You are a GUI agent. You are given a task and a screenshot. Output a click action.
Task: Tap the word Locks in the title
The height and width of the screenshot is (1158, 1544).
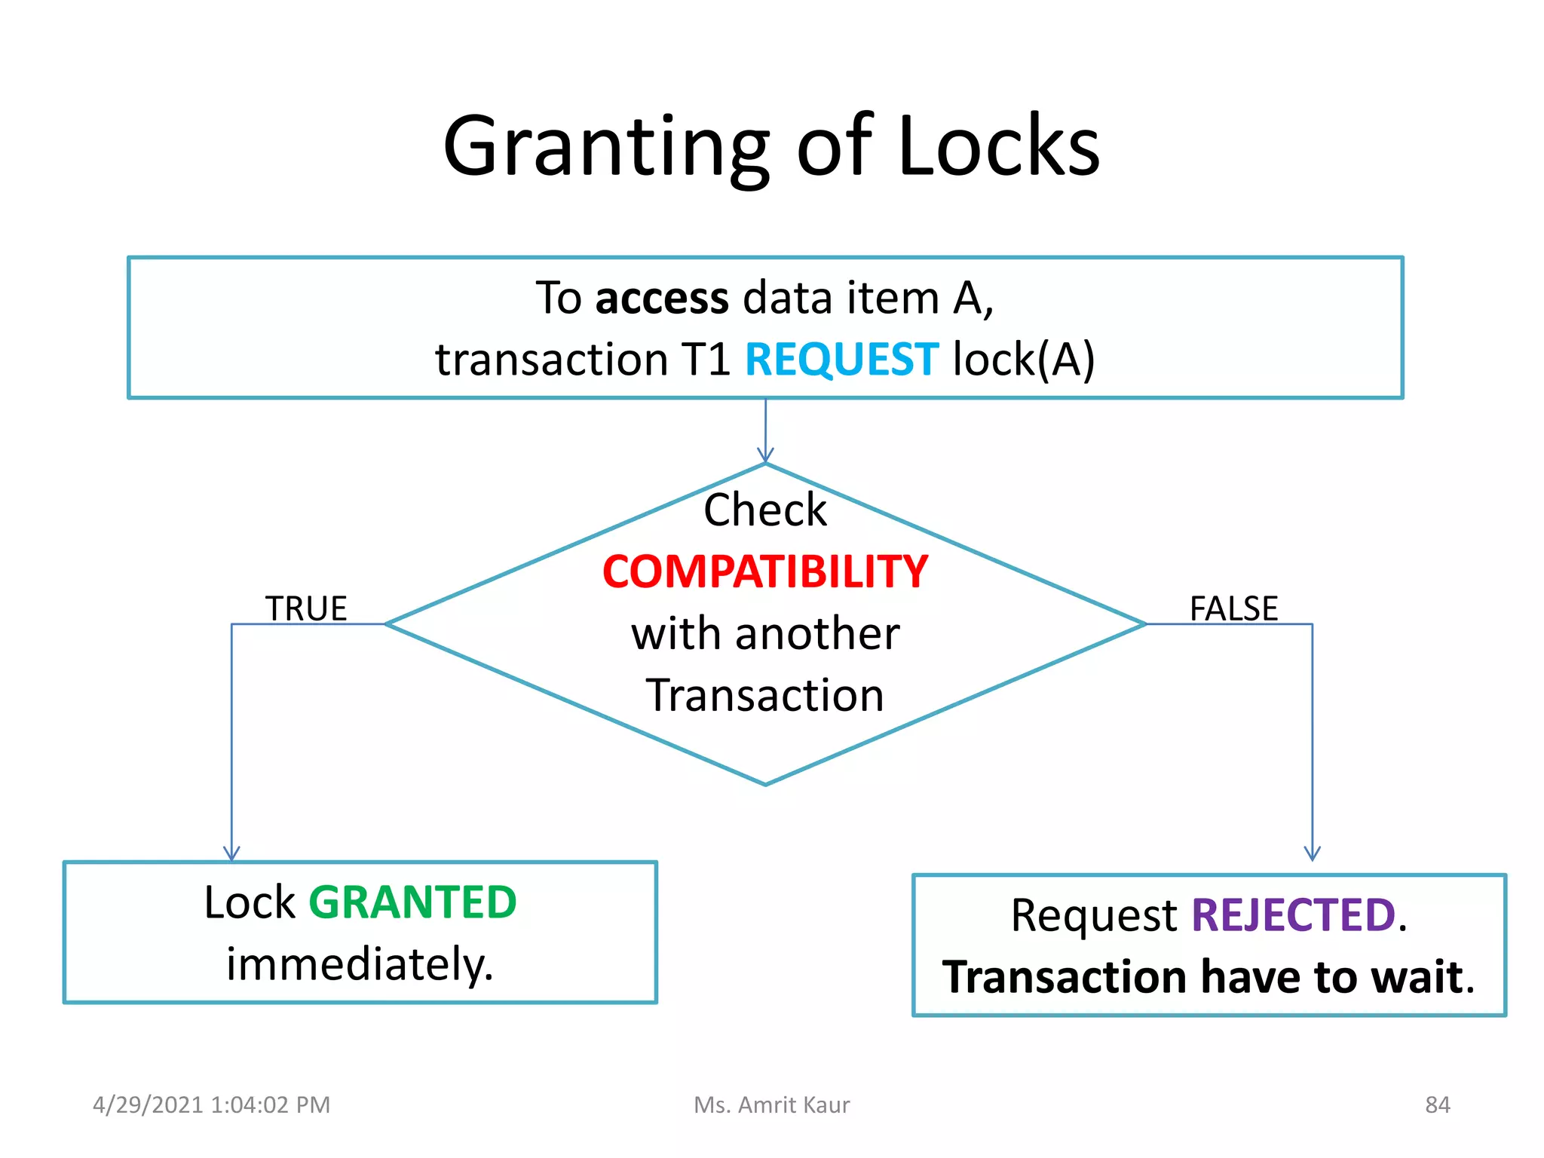click(998, 147)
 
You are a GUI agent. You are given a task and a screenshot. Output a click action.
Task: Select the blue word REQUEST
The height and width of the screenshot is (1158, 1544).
click(841, 359)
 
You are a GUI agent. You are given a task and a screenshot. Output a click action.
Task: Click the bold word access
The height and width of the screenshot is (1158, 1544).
click(662, 298)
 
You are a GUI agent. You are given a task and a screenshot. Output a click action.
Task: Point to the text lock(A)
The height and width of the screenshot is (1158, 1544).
click(1024, 359)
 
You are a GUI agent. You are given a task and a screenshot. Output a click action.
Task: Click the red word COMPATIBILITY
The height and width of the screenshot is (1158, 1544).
click(765, 571)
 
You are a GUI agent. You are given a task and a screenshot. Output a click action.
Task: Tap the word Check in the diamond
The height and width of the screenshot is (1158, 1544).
click(765, 510)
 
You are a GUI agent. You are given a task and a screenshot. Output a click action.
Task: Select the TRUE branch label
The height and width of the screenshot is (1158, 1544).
click(306, 608)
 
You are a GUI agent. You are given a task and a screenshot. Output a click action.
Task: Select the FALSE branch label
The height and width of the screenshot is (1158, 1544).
click(1233, 608)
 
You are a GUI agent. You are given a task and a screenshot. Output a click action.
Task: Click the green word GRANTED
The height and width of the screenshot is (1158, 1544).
click(412, 902)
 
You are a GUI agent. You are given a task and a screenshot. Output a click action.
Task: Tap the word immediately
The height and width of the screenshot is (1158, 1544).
click(360, 964)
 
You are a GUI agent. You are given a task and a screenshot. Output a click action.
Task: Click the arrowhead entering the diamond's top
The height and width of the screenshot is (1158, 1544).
click(765, 455)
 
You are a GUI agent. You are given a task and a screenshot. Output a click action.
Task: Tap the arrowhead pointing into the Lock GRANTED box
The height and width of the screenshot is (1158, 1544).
click(231, 853)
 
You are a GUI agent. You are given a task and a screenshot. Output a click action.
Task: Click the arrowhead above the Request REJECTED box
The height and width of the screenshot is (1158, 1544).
click(1313, 853)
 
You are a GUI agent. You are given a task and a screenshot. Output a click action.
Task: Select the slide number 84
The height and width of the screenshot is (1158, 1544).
click(1437, 1105)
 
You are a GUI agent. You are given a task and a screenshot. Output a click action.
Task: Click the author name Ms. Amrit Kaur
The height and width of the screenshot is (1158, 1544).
click(771, 1105)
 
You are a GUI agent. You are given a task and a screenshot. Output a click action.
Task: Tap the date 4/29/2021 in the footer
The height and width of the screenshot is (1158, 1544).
click(148, 1105)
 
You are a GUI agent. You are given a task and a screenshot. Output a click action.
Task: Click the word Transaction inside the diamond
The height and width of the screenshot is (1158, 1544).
click(765, 695)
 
